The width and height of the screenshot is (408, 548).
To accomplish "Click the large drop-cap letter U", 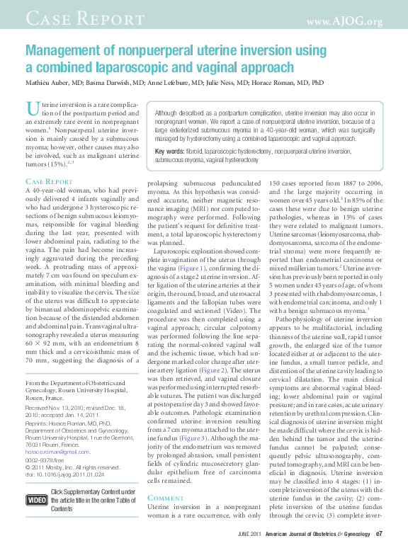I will coord(32,108).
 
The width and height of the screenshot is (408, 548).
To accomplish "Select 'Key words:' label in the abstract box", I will coord(169,152).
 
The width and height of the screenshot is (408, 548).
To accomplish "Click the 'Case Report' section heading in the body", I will coord(49,182).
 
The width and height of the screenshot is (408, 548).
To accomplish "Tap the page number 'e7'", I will coord(379,534).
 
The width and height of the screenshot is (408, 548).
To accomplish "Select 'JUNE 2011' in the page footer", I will coord(249,534).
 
